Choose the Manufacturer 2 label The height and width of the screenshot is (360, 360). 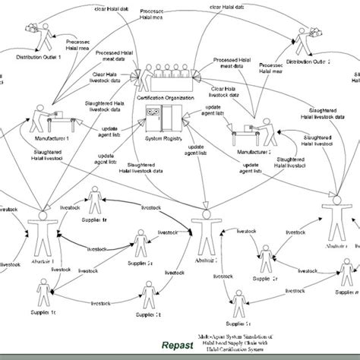point(256,152)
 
